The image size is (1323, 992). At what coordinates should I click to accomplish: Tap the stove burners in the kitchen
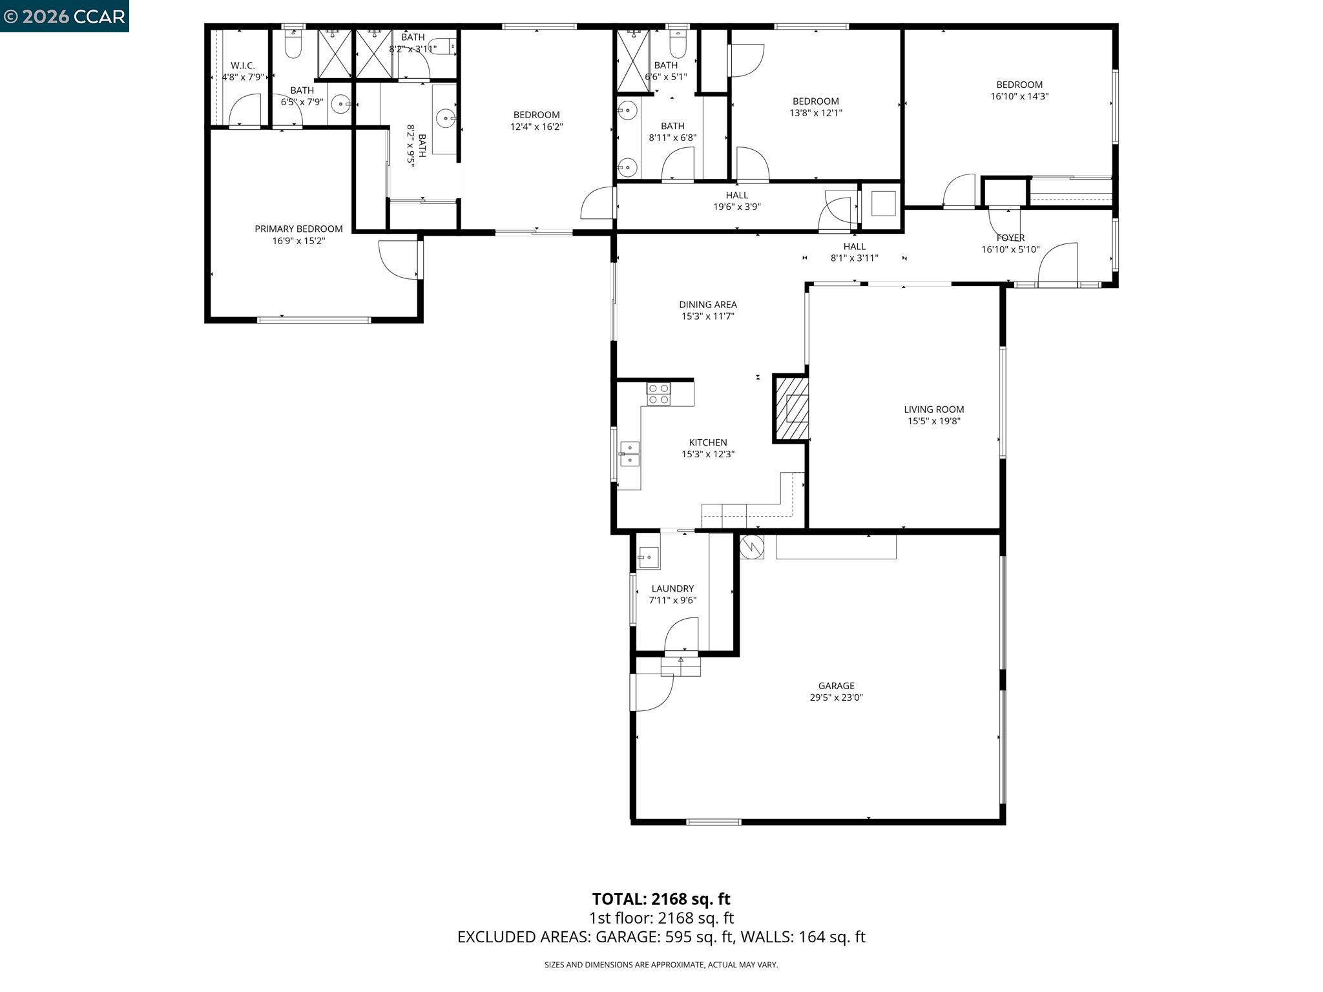pos(659,394)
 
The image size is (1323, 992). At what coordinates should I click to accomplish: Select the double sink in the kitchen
pos(629,454)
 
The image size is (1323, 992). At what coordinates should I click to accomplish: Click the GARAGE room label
pos(836,686)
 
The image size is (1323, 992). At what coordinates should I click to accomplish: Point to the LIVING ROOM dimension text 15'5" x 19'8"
pos(933,421)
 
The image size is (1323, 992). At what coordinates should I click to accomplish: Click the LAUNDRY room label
pos(672,588)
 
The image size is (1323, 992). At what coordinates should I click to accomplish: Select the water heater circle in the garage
pos(752,547)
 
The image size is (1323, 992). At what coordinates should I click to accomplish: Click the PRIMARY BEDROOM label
pos(298,229)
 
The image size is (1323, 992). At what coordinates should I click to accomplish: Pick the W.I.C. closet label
pos(243,66)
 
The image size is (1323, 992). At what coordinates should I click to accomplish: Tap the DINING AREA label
pos(707,304)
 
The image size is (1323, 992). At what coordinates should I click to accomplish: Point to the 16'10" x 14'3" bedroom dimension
pos(1019,96)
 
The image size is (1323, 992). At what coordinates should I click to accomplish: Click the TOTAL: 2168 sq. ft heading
pos(661,899)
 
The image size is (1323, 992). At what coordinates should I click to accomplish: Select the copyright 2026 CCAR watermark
pos(64,16)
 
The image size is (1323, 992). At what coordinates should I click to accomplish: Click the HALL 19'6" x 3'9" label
pos(736,201)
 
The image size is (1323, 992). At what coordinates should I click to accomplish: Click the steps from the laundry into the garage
pos(680,666)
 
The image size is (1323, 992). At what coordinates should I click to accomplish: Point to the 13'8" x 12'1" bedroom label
pos(815,107)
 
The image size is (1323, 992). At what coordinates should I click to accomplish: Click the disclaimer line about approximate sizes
pos(661,965)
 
